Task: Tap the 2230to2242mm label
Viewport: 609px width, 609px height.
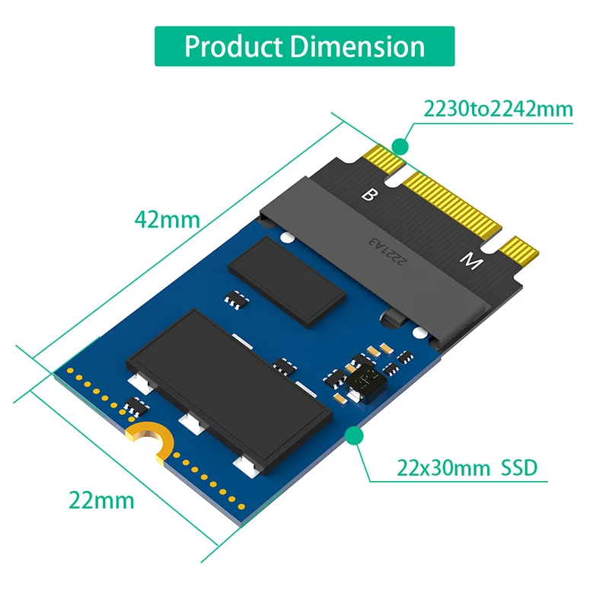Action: tap(498, 109)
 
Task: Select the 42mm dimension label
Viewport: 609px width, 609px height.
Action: tap(167, 219)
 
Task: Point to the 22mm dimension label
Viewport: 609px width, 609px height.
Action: tap(101, 500)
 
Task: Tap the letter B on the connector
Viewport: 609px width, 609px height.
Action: tap(368, 195)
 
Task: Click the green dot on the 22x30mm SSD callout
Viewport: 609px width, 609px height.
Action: tap(353, 435)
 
